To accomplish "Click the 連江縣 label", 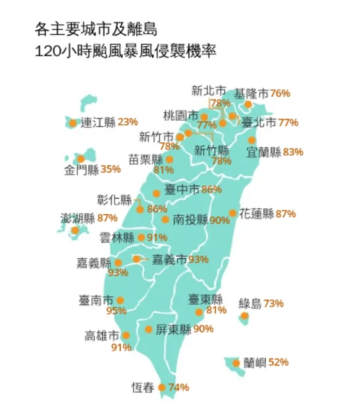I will pos(98,123).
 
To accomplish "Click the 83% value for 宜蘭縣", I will pos(293,152).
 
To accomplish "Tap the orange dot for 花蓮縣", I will pos(233,213).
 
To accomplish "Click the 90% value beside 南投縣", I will pos(220,220).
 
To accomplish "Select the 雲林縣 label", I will pos(117,238).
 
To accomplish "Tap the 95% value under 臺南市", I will pos(116,311).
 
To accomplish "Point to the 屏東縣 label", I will pos(173,330).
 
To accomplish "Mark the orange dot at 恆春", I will pos(162,387).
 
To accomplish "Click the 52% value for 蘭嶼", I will pos(278,363).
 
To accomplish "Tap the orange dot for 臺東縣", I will pos(199,312).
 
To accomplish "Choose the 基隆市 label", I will pos(251,94).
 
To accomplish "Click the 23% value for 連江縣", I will pos(128,123).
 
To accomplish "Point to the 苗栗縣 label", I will pos(146,160).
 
